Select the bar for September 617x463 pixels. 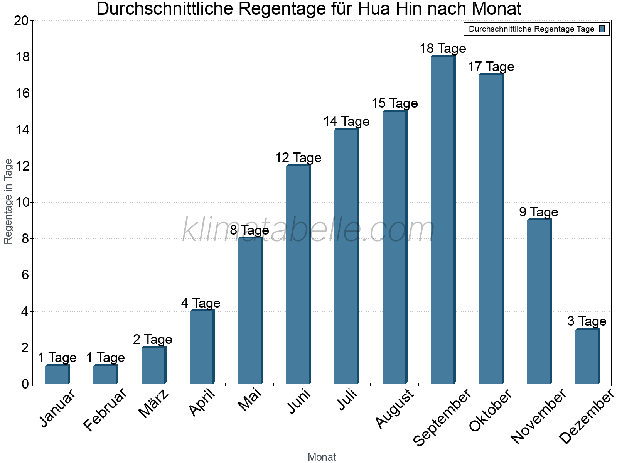tap(443, 220)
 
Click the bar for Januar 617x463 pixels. tap(57, 374)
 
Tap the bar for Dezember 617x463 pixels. tap(587, 356)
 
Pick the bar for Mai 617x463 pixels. tap(250, 311)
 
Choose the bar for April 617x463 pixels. tap(202, 347)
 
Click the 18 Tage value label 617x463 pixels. tap(443, 49)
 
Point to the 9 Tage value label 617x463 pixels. tap(538, 212)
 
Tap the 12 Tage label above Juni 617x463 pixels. tap(298, 157)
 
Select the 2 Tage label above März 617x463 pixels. tap(153, 339)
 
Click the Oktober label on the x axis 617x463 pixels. tap(491, 410)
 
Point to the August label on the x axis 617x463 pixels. tap(394, 409)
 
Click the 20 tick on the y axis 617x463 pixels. tap(21, 21)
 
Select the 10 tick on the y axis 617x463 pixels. tap(21, 203)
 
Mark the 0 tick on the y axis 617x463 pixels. tap(25, 384)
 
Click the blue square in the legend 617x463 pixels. tap(602, 29)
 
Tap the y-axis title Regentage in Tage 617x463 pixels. tap(8, 201)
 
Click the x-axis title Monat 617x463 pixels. tap(322, 457)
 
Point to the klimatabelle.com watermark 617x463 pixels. tap(308, 230)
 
